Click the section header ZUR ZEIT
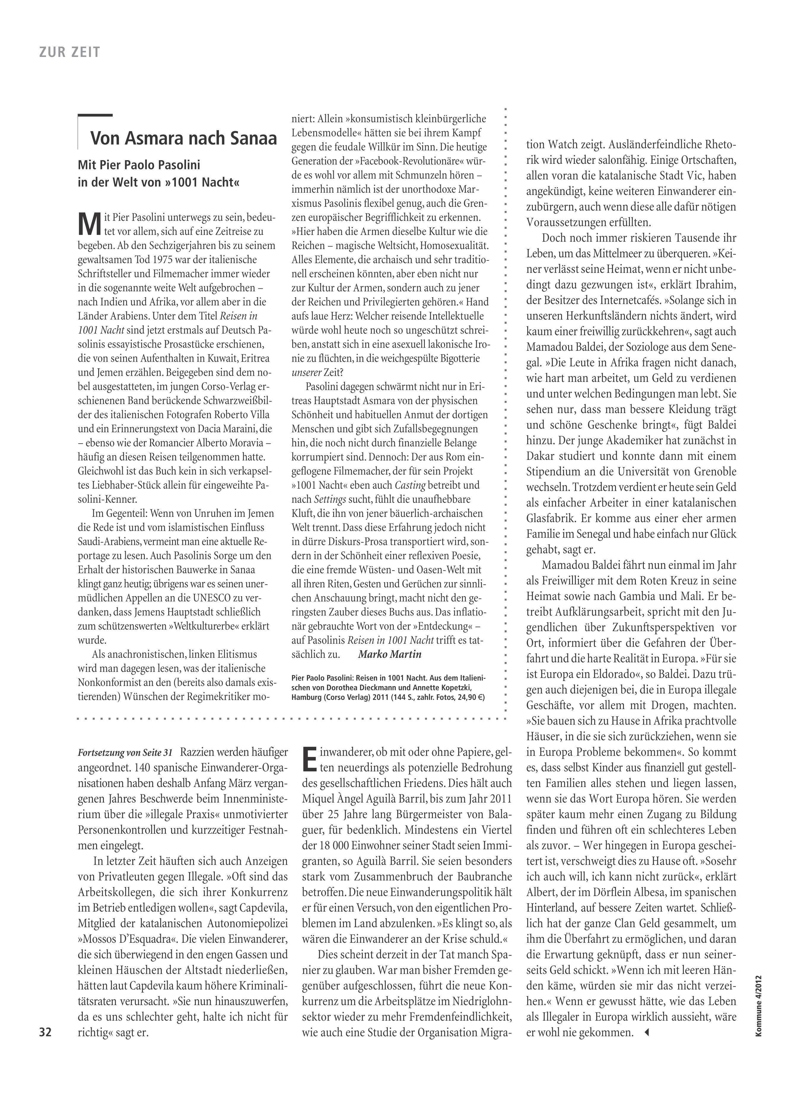pyautogui.click(x=70, y=52)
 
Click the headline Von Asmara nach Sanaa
pyautogui.click(x=184, y=138)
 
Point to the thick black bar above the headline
pyautogui.click(x=95, y=116)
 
